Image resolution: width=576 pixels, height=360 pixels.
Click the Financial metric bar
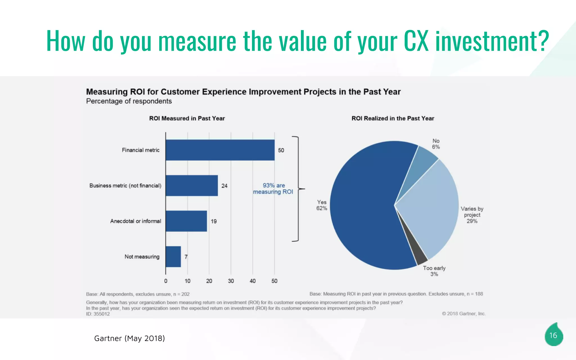pos(220,150)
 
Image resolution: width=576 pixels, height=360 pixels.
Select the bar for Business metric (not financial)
pos(192,186)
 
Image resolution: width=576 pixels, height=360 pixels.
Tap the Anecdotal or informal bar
pos(186,221)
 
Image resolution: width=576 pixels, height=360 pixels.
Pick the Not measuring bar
pos(173,256)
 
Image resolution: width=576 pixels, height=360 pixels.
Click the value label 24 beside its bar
pos(224,186)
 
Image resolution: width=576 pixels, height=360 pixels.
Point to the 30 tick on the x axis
pos(231,281)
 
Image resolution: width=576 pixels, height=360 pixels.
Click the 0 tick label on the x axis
pos(166,281)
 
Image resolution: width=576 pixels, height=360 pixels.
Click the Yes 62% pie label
pos(321,205)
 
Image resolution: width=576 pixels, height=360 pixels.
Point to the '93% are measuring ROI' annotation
pos(273,189)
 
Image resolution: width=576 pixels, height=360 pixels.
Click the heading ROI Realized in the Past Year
pos(393,118)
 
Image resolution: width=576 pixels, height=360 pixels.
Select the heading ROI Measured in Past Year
pos(187,118)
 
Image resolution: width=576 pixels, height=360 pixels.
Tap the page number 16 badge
pos(553,335)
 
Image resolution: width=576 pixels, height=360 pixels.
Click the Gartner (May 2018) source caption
pos(129,338)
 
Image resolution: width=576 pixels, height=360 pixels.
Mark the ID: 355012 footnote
pos(98,314)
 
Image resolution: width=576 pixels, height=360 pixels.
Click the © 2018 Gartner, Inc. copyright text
pos(463,314)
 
